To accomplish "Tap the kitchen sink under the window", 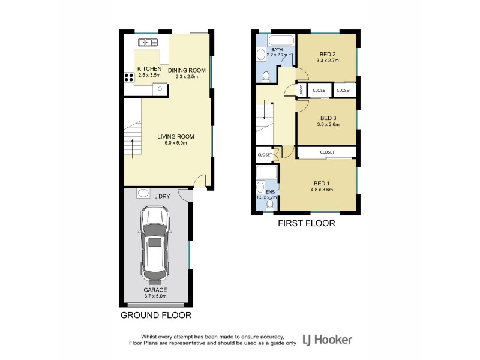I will coord(148,42).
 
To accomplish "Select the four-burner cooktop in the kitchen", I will coord(128,77).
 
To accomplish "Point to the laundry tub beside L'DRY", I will coord(143,193).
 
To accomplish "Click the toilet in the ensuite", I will coord(269,205).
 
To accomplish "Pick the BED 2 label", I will coord(327,53).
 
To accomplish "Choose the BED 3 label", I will coord(328,118).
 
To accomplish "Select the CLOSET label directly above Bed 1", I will coord(327,152).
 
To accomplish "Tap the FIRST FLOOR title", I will coord(306,223).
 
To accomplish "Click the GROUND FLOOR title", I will coord(156,315).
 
